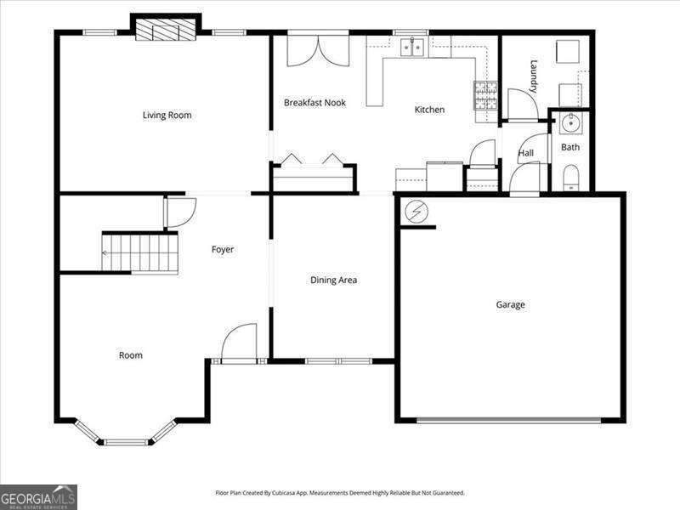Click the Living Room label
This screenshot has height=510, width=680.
(x=167, y=115)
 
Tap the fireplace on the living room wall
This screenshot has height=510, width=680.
(x=166, y=31)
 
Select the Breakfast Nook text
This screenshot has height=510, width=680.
(x=314, y=103)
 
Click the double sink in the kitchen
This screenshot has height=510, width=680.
(x=413, y=47)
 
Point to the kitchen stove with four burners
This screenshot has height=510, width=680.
(x=485, y=95)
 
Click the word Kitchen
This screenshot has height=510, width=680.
(x=429, y=110)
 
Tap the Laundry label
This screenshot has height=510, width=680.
(x=534, y=76)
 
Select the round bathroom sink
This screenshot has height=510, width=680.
(x=569, y=124)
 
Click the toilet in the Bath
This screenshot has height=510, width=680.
(x=570, y=177)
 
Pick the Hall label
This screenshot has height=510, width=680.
(x=526, y=153)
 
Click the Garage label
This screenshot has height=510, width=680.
(x=511, y=304)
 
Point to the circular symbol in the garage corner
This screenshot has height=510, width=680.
(x=416, y=212)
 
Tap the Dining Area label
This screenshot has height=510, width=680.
(x=333, y=280)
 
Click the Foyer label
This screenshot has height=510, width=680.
(x=223, y=249)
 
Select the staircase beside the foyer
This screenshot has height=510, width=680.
(x=141, y=252)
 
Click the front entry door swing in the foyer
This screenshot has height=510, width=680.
(x=239, y=343)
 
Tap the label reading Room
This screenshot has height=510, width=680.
(x=131, y=355)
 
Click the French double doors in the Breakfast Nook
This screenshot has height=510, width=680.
(x=317, y=50)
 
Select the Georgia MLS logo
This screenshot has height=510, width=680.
(x=38, y=496)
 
